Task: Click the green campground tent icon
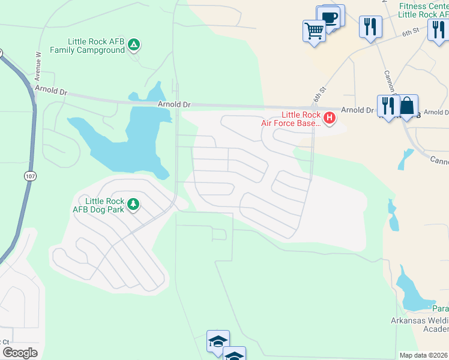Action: click(x=134, y=44)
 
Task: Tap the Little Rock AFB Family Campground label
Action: click(x=96, y=46)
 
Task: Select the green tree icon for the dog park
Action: click(x=133, y=205)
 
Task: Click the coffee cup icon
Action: click(x=329, y=17)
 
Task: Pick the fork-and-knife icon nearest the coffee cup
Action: click(x=370, y=27)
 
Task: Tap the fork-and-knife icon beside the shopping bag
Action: click(x=388, y=106)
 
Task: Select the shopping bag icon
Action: click(x=408, y=106)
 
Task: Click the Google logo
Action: click(x=19, y=353)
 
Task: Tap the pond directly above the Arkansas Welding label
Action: click(x=414, y=292)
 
